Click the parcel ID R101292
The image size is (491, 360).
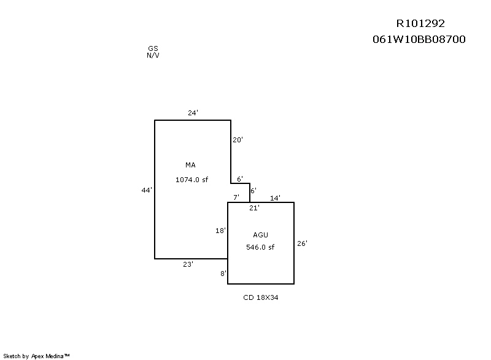pos(420,23)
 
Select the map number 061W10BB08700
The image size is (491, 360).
pos(419,39)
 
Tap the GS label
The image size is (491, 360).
pos(153,48)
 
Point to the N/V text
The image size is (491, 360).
pos(153,55)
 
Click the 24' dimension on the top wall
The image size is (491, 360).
pos(193,113)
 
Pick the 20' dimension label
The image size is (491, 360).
pos(238,140)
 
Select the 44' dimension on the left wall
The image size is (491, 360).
pos(147,190)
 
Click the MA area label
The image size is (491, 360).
pos(190,165)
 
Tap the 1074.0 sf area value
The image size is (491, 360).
pos(191,180)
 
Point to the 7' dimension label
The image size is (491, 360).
pos(236,197)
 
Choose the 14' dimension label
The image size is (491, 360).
pos(275,198)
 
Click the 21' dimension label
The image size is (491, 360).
pos(254,208)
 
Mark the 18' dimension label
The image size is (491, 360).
pos(220,231)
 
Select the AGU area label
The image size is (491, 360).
pos(260,236)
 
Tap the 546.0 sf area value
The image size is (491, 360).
pos(260,247)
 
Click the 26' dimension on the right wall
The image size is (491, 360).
pos(302,243)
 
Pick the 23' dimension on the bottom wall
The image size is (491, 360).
pos(188,264)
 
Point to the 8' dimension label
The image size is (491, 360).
pos(223,274)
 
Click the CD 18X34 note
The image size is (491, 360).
pos(260,297)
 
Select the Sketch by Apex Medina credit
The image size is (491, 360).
pos(36,356)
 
